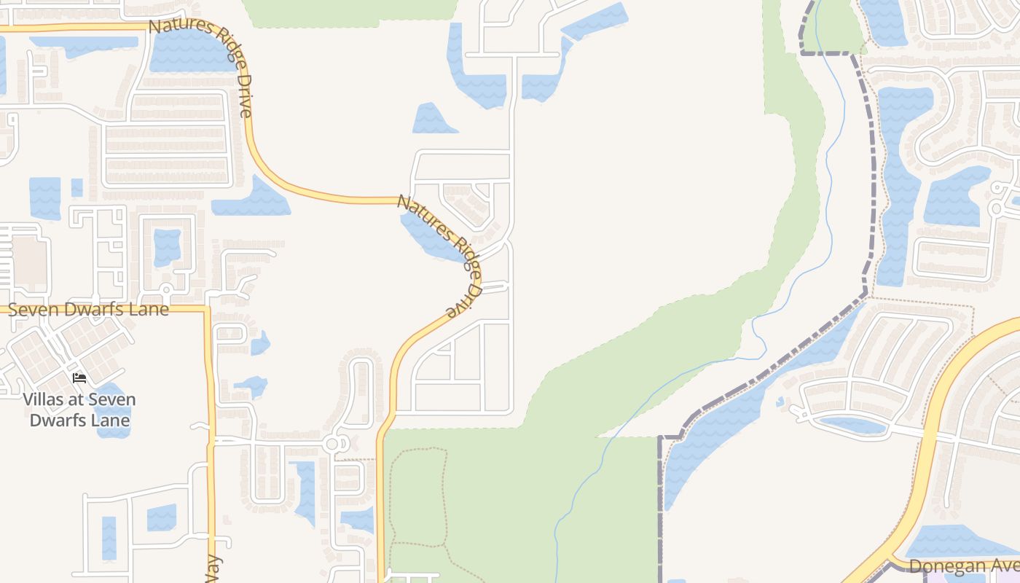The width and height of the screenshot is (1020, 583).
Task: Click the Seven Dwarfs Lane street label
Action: pyautogui.click(x=87, y=309)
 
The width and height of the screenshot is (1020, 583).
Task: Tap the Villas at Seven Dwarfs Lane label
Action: pyautogui.click(x=79, y=410)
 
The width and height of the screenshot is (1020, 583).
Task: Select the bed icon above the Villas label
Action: pyautogui.click(x=79, y=377)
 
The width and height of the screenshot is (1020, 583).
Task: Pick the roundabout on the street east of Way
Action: pyautogui.click(x=333, y=443)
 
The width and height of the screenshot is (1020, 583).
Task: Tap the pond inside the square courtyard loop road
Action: pyautogui.click(x=167, y=247)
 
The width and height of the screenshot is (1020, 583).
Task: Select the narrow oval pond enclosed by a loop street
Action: pyautogui.click(x=852, y=425)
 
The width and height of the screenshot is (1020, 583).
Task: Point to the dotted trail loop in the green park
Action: pyautogui.click(x=419, y=496)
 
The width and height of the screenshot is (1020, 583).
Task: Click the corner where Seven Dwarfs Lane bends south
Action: pyautogui.click(x=207, y=310)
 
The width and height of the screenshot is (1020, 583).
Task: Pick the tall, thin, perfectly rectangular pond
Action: pyautogui.click(x=109, y=538)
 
